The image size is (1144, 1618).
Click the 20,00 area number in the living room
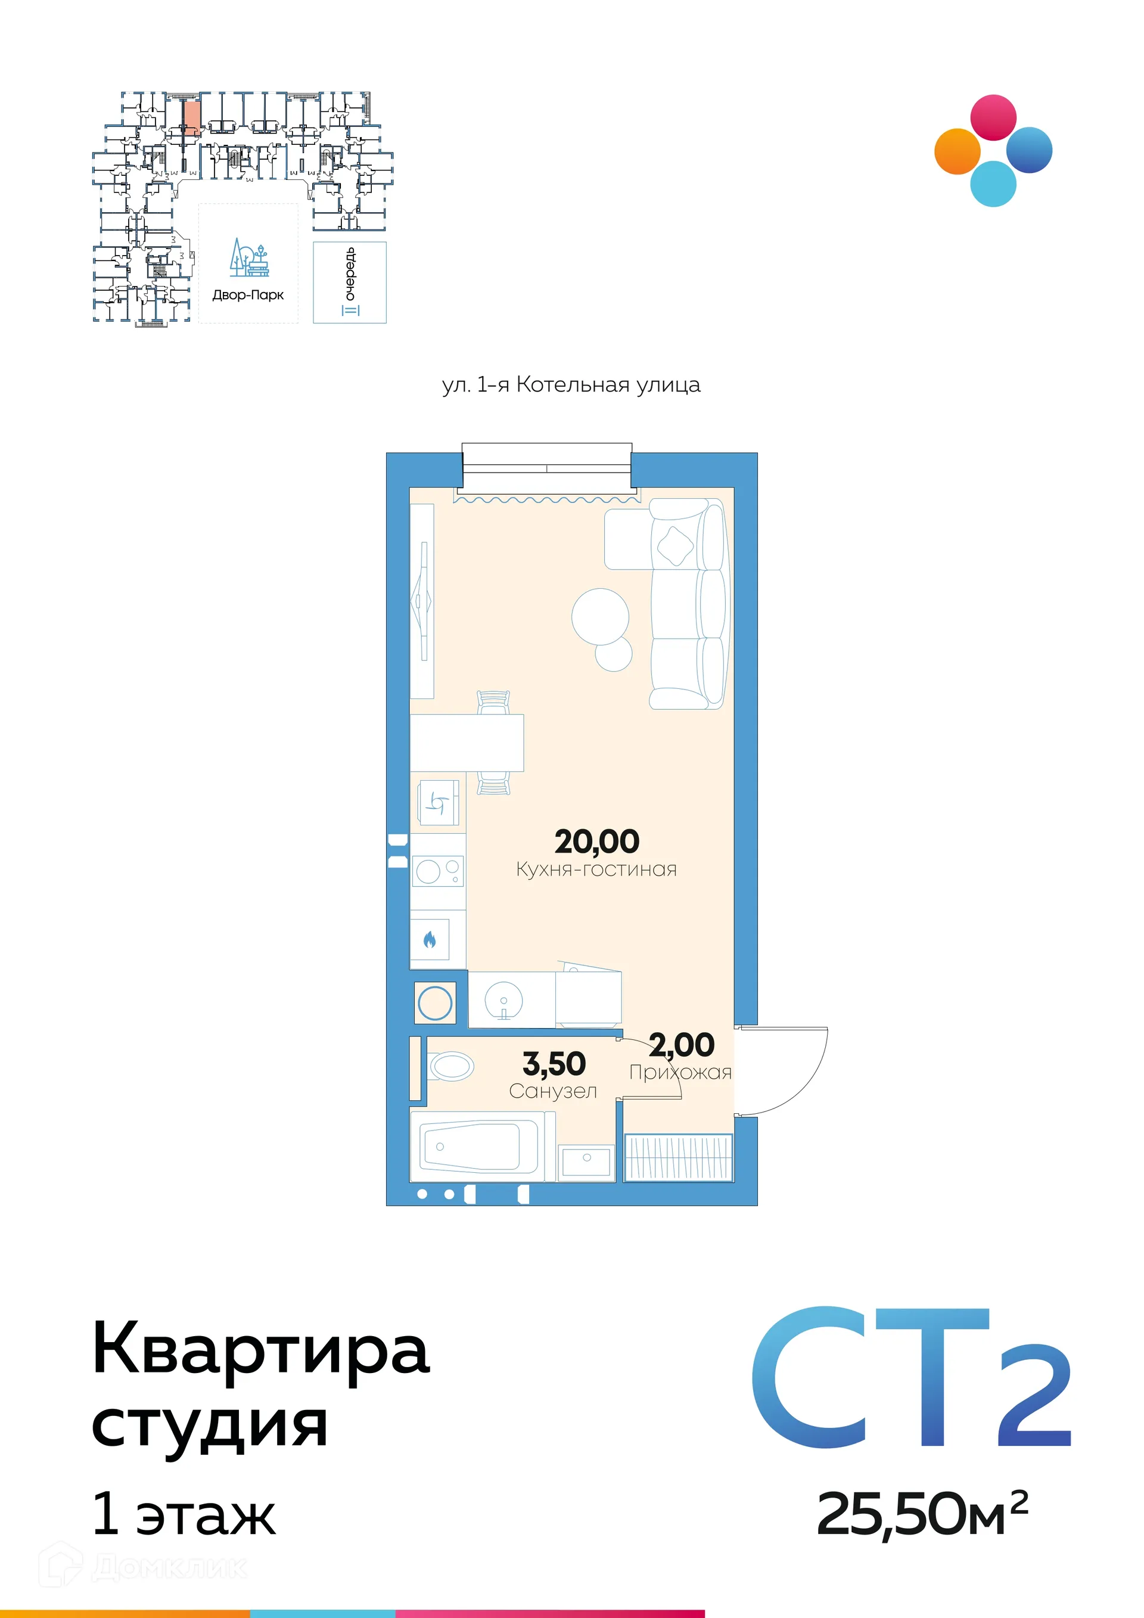pos(596,841)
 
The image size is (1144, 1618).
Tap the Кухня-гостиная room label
pos(596,869)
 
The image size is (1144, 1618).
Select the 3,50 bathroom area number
pos(554,1063)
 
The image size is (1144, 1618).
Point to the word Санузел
pos(553,1091)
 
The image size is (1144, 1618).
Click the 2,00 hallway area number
pos(681,1044)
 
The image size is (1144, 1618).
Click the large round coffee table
pos(599,616)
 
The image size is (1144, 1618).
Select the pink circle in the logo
pos(993,117)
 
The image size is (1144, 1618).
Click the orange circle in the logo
pos(958,151)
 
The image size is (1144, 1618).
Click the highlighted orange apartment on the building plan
pos(191,116)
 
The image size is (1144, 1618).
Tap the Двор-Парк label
pos(248,295)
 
